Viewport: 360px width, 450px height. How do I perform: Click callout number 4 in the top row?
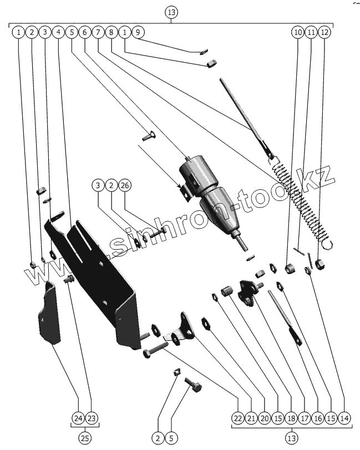click(58, 32)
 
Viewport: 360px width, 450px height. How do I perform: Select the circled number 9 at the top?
click(138, 32)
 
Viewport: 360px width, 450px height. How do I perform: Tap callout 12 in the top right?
click(324, 32)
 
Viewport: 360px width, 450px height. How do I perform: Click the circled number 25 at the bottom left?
click(85, 438)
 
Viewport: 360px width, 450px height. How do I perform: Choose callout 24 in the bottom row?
click(78, 418)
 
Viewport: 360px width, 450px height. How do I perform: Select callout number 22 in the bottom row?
click(237, 418)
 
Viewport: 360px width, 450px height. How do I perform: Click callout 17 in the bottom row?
click(303, 418)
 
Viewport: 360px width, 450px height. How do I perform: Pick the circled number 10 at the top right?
click(298, 32)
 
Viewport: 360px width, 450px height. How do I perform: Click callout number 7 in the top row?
click(98, 32)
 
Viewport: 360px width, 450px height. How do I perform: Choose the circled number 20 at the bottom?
click(263, 418)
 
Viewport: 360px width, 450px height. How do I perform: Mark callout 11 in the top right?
click(311, 32)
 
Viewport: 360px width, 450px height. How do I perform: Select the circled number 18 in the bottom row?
click(290, 418)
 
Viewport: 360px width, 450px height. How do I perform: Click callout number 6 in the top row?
click(85, 32)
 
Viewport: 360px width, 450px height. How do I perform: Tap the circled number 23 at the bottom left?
click(92, 418)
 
